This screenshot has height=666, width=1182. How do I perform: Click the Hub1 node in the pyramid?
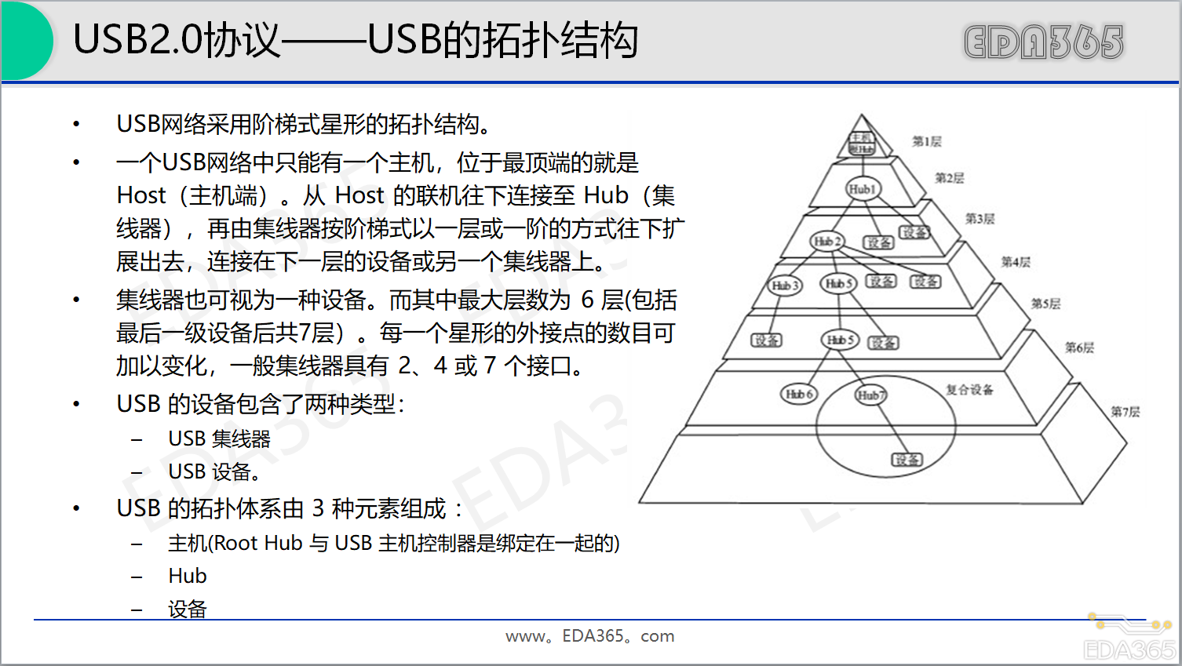862,189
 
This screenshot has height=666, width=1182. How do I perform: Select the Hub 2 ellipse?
827,241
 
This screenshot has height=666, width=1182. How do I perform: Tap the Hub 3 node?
785,286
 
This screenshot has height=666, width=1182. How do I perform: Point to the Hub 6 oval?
799,394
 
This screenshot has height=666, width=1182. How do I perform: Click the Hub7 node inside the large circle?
870,395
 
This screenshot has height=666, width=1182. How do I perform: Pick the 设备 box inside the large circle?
907,460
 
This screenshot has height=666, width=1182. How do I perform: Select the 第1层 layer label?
926,142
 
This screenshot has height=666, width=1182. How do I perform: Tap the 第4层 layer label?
1015,262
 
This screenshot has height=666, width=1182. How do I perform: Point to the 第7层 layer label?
1125,412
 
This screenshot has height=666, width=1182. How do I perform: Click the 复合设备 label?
969,390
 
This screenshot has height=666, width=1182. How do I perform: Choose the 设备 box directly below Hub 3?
766,340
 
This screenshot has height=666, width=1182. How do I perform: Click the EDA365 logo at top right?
1043,42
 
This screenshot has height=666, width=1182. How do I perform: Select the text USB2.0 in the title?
137,40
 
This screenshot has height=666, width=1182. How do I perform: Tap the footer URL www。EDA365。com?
589,636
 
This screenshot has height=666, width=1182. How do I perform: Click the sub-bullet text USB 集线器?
219,439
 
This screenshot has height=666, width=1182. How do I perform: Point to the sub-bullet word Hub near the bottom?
188,576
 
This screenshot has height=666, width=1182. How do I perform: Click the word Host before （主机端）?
141,195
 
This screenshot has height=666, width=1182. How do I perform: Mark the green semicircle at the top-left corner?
25,40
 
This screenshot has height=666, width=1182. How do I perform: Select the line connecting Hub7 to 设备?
889,428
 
